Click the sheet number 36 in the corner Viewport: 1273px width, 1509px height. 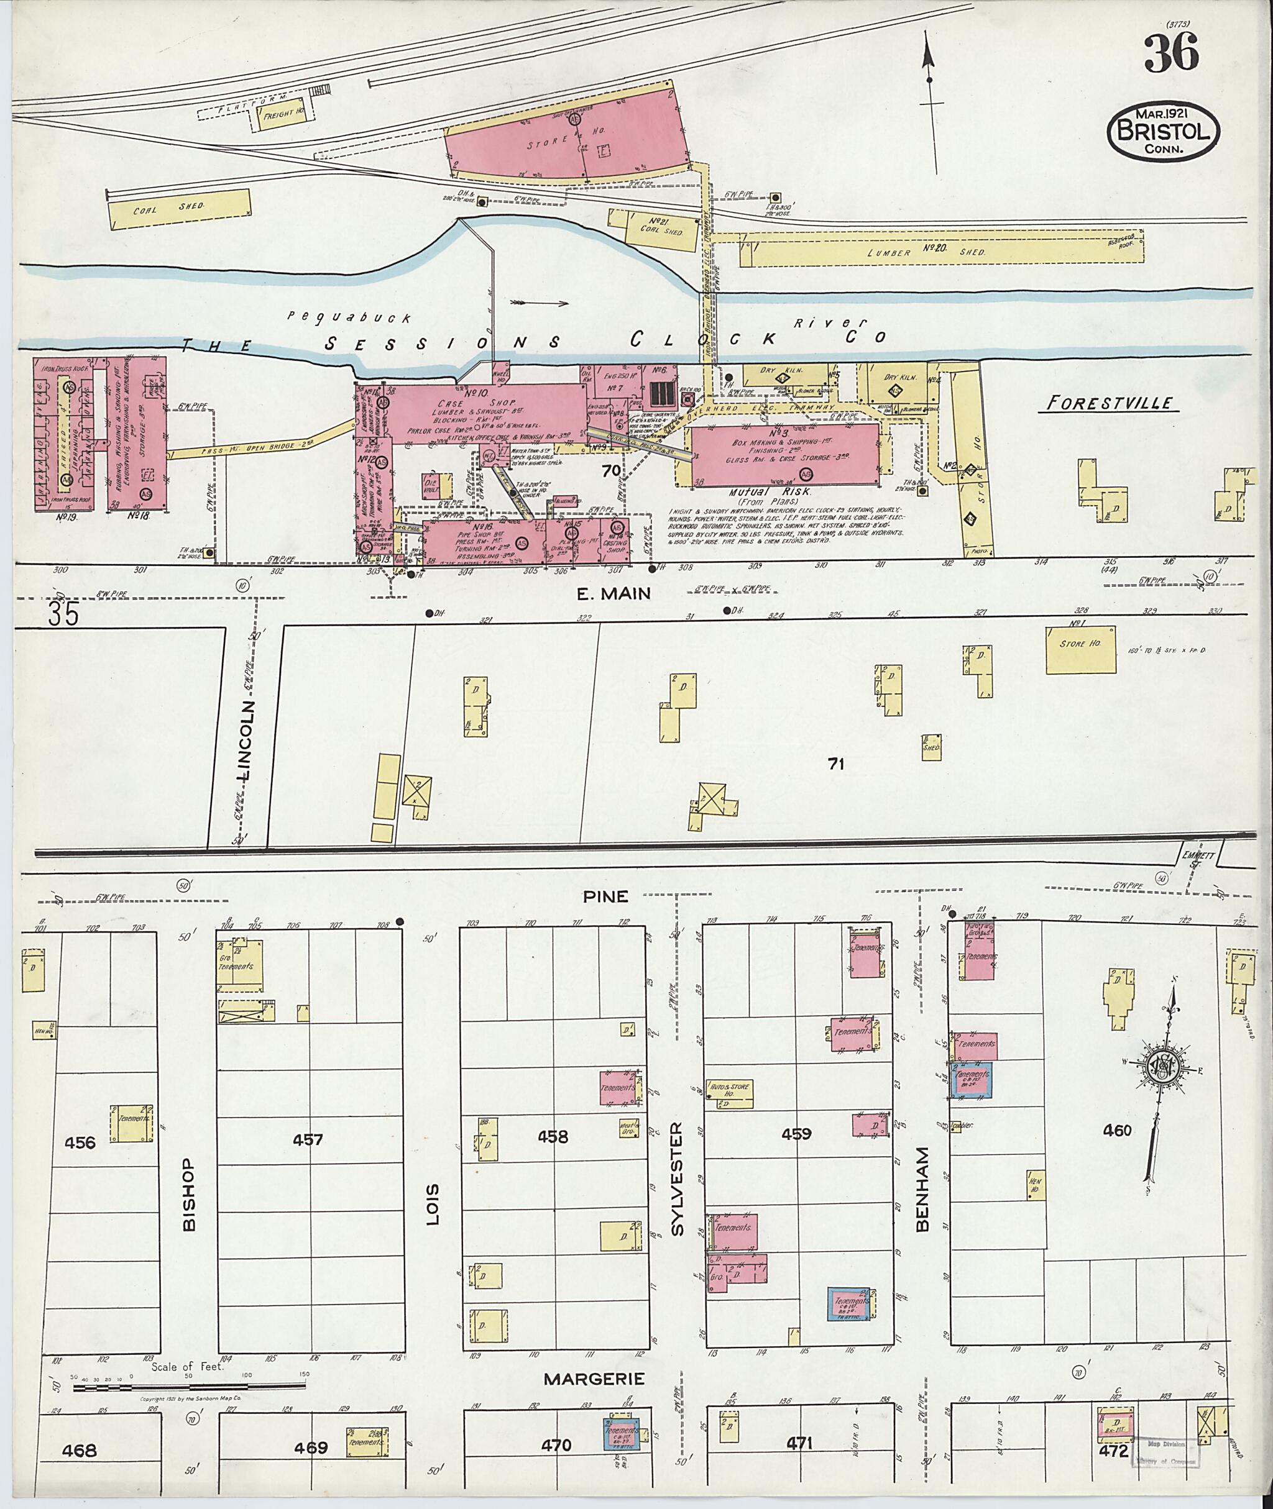coord(1170,54)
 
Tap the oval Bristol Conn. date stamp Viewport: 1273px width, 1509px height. coord(1164,131)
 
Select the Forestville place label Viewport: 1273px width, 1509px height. coord(1108,403)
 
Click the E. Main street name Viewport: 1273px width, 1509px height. coord(614,593)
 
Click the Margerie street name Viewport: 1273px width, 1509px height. coord(593,1379)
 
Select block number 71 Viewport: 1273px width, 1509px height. coord(835,763)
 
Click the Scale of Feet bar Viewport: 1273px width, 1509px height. coord(189,1385)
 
